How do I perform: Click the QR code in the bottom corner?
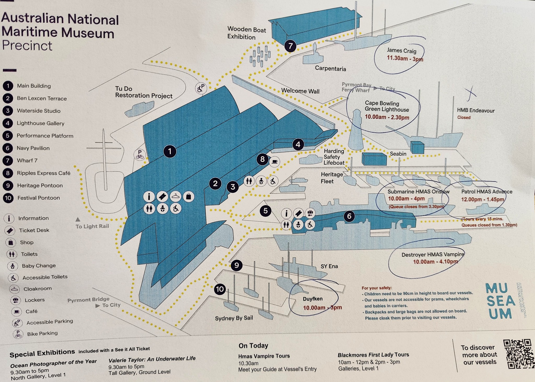[519, 354]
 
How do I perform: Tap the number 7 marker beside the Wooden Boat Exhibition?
[290, 46]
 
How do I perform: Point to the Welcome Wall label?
[300, 91]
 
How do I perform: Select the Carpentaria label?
[330, 69]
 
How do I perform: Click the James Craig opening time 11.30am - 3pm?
[405, 58]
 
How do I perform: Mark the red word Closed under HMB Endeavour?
[464, 117]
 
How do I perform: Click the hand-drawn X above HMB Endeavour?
[470, 93]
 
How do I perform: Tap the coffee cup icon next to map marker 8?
[274, 161]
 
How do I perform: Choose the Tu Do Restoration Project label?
[144, 92]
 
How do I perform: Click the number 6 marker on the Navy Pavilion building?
[349, 216]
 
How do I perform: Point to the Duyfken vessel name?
[313, 299]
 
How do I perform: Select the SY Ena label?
[329, 266]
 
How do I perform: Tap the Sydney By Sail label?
[234, 318]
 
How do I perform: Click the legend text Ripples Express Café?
[44, 173]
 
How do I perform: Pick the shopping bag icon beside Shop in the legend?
[11, 243]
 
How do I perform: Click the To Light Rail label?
[92, 226]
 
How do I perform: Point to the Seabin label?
[398, 154]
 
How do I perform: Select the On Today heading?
[253, 346]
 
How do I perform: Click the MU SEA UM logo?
[500, 301]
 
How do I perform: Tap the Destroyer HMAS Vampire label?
[433, 255]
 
